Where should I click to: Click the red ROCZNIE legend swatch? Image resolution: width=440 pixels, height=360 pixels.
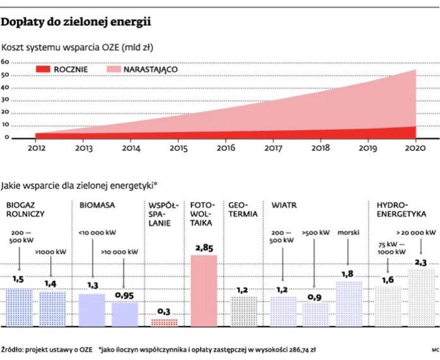click(x=51, y=68)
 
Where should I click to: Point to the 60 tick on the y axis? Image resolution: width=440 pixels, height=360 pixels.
click(x=4, y=62)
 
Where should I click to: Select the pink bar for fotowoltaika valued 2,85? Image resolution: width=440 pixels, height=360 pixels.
click(x=204, y=291)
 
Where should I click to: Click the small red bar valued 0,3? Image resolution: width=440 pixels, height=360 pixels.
click(x=164, y=322)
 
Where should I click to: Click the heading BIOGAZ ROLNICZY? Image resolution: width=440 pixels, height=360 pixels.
click(x=25, y=210)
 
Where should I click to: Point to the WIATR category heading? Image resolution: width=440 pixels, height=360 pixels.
click(x=284, y=205)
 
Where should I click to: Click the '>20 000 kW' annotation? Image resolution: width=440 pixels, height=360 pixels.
click(x=415, y=232)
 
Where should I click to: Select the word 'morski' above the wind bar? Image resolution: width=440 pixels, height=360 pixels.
click(x=348, y=232)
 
